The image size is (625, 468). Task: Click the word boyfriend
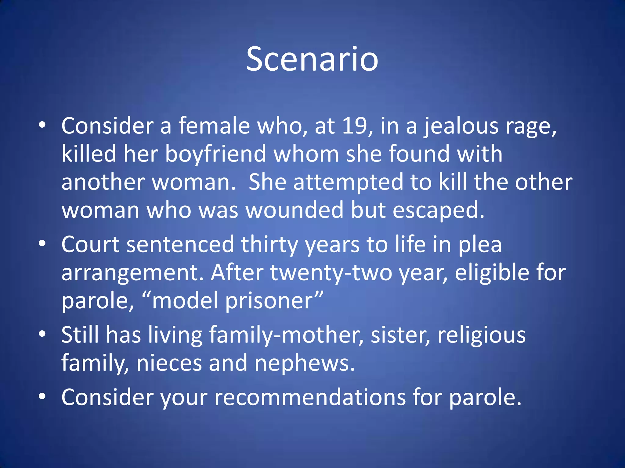tap(215, 154)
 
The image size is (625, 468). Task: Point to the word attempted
tap(348, 182)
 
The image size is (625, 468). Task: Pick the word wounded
tap(294, 210)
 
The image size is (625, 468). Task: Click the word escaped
tap(438, 211)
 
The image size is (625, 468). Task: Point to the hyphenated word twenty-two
tap(331, 273)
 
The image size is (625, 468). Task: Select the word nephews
tap(304, 363)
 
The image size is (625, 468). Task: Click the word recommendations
tap(310, 397)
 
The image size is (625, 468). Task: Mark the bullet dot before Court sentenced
tap(42, 243)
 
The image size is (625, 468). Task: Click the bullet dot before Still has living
tap(42, 334)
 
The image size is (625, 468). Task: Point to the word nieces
tap(169, 363)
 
